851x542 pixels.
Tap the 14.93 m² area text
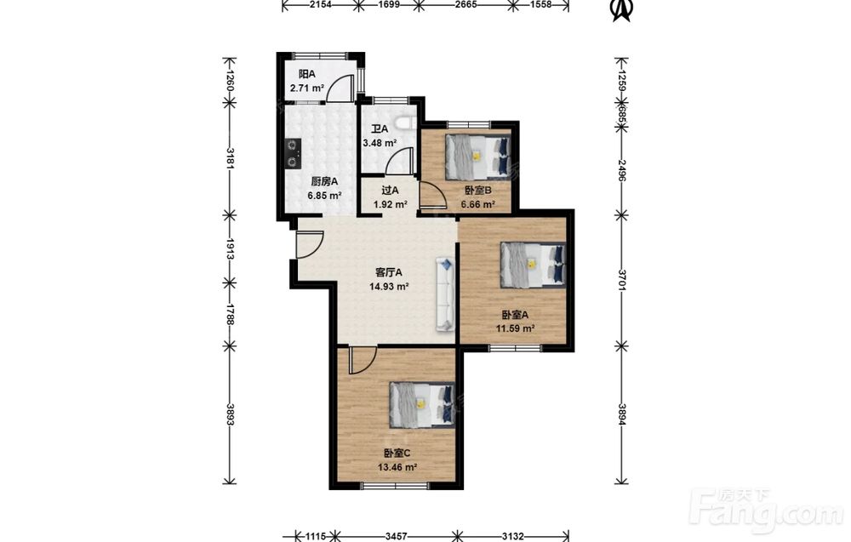point(389,287)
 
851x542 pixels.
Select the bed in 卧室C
point(422,405)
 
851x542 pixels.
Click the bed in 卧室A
point(533,265)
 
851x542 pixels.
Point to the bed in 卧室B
point(477,157)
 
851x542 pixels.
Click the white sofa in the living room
point(444,294)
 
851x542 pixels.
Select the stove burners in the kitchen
point(293,153)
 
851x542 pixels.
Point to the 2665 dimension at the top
point(465,4)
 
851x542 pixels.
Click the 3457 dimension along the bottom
point(397,537)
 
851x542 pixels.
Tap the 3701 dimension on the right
point(622,280)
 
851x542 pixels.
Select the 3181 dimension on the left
point(230,158)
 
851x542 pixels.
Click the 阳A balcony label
point(306,74)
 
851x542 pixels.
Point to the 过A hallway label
point(390,191)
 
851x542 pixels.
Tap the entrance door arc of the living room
point(311,244)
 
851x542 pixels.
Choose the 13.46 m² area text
point(397,466)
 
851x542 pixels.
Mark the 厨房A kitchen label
point(324,181)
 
